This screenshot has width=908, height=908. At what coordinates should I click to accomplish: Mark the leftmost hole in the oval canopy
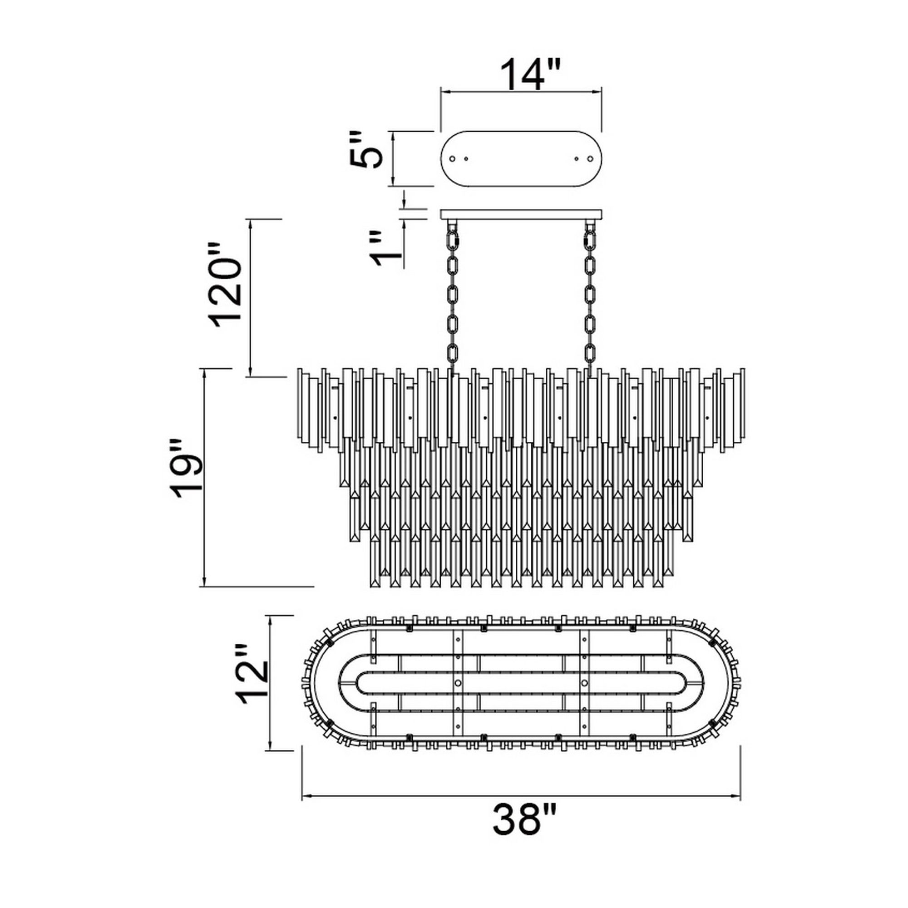click(x=453, y=159)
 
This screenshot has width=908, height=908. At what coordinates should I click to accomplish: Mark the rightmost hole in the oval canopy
click(x=590, y=159)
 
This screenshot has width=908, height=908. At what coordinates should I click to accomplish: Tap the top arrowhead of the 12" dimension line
click(x=270, y=619)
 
